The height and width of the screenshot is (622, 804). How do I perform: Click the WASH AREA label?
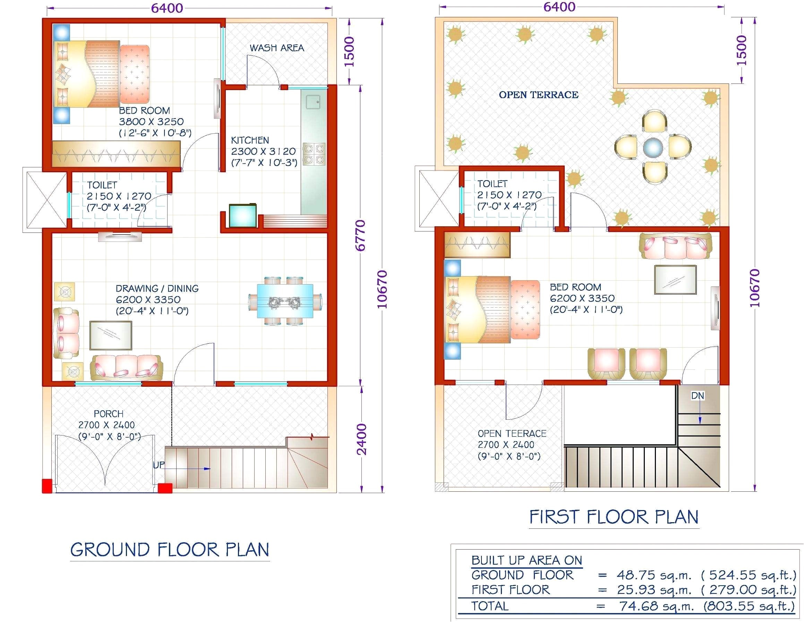[x=276, y=48]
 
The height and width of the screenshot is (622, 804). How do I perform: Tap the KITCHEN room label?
[x=250, y=140]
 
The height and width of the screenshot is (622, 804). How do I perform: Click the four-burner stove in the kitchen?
[x=314, y=154]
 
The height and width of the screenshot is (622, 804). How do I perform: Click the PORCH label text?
[x=108, y=414]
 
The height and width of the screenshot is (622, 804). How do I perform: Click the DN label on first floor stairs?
[x=697, y=396]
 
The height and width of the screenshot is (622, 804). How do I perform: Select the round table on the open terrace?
[x=653, y=147]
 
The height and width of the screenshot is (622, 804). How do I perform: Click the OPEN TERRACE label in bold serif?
[x=538, y=95]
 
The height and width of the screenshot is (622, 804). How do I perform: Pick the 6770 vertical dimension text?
[x=360, y=235]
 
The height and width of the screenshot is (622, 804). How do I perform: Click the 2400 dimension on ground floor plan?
[x=362, y=439]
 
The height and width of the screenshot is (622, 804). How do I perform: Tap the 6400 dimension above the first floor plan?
[x=559, y=7]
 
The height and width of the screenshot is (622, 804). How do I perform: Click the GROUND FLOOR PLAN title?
[x=170, y=550]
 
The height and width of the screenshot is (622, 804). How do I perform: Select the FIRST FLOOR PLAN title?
[x=614, y=517]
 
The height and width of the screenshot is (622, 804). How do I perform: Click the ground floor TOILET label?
[x=102, y=185]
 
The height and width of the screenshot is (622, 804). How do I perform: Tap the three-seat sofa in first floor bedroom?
[x=676, y=246]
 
